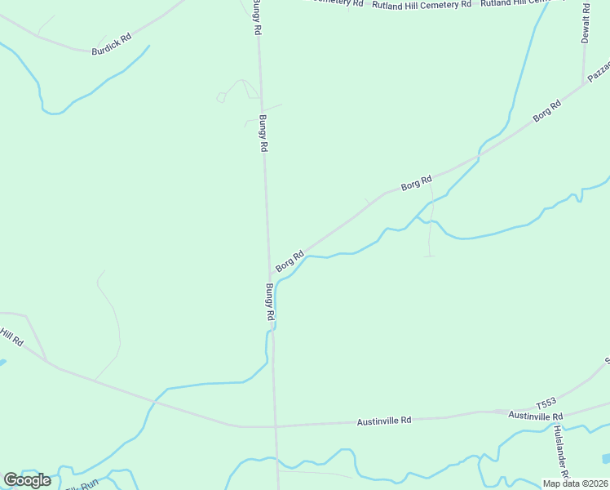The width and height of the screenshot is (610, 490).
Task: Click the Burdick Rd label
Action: [x=112, y=44]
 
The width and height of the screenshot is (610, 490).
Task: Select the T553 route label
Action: [x=546, y=403]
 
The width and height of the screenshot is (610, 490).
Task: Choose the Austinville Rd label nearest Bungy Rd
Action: [x=384, y=421]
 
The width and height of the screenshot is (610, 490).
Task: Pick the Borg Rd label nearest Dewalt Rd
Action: [x=547, y=111]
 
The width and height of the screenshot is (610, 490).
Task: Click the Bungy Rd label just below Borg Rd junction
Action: [x=270, y=301]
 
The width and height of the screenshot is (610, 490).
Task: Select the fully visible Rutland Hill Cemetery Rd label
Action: [x=422, y=5]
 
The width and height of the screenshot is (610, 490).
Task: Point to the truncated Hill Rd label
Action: [x=11, y=336]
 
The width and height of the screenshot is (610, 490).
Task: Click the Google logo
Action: [x=27, y=480]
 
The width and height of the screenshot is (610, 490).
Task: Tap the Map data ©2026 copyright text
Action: [x=576, y=483]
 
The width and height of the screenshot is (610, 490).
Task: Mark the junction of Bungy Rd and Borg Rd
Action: [x=270, y=275]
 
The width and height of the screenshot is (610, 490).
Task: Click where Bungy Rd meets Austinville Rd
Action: [x=276, y=426]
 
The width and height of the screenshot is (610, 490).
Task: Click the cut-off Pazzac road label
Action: [x=599, y=73]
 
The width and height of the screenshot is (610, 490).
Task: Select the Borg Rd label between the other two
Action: [x=416, y=183]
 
